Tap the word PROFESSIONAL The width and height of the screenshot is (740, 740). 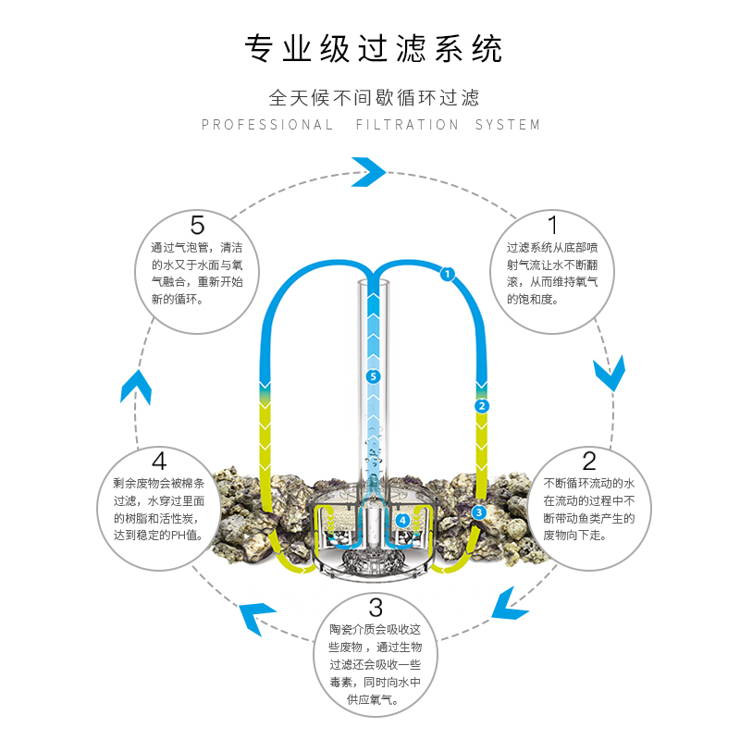point(267,125)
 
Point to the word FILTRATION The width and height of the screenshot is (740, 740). point(407,125)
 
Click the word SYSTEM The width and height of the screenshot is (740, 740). point(508,125)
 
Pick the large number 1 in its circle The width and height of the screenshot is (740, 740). point(553,226)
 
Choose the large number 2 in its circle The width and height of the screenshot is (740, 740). point(589,460)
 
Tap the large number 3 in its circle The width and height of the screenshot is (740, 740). point(375,608)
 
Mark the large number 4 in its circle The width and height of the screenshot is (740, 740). point(159,461)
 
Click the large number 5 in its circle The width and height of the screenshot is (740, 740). point(197,225)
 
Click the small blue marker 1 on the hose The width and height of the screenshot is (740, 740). point(447,274)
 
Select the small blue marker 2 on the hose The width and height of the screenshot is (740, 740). point(481,406)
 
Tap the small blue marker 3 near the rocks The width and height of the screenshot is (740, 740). point(478,512)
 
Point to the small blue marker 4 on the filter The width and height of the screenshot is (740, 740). point(402,521)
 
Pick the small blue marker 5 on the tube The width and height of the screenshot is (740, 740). point(373,376)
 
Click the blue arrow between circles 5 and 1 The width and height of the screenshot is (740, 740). point(368,171)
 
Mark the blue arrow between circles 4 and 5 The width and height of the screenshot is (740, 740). point(135,386)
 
